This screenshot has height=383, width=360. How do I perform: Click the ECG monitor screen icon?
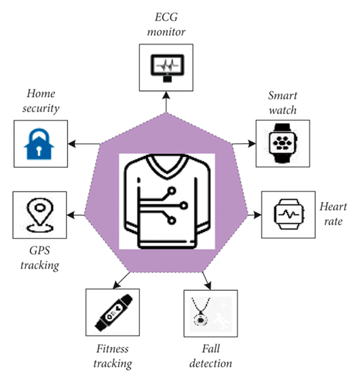pos(167,68)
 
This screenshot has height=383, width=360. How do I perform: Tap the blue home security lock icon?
pos(39,144)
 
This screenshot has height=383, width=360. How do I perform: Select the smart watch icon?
pos(283,143)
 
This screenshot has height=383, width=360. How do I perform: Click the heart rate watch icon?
pos(289,214)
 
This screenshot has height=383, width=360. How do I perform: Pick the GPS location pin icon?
pos(39,215)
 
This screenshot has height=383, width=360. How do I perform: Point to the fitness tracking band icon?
pos(113,312)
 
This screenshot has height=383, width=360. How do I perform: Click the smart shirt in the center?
pos(167,201)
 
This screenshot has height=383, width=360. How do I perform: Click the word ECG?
pos(166,18)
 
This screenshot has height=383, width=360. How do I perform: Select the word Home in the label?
pos(41,94)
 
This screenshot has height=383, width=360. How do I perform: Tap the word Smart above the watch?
pos(283,96)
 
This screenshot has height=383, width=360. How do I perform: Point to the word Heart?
pos(333,206)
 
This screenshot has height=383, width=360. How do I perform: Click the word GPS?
pos(39,251)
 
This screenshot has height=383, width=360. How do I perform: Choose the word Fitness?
pos(113,348)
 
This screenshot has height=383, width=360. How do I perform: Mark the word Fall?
pos(211,348)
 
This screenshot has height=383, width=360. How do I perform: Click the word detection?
pos(211,363)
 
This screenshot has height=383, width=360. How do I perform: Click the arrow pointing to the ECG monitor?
pos(166,102)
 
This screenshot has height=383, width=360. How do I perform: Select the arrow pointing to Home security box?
pos(84,144)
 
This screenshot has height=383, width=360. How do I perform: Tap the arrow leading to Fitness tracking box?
pos(122,280)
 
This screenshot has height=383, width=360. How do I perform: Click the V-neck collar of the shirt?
pos(167,166)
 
